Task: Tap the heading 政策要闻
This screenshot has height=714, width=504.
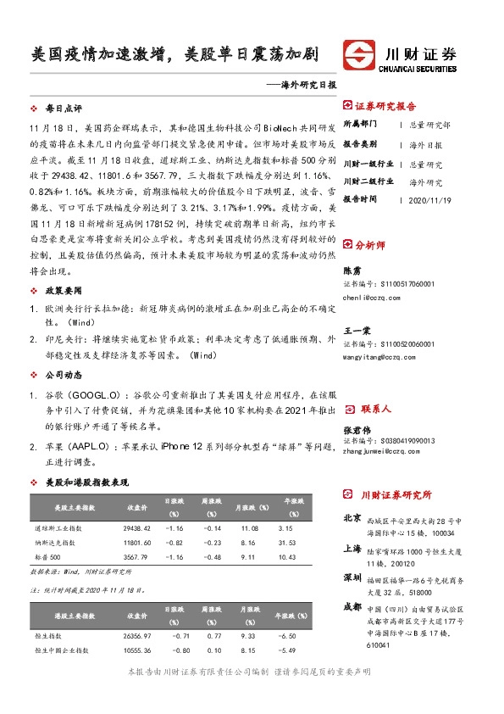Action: [x=63, y=290]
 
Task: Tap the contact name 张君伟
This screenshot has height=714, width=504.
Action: [x=356, y=430]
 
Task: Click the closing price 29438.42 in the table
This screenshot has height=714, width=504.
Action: [x=137, y=527]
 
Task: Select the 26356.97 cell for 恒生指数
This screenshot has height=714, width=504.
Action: [x=137, y=635]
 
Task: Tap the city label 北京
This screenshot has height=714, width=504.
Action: [x=352, y=517]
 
